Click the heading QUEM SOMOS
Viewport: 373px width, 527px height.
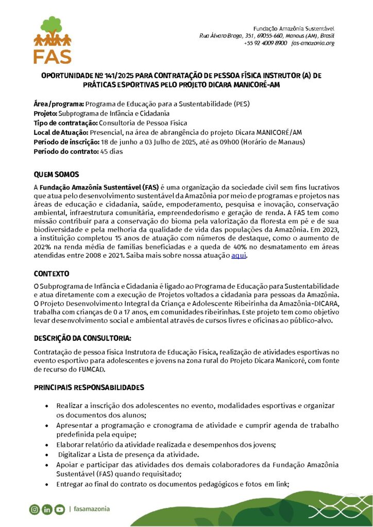click(x=56, y=174)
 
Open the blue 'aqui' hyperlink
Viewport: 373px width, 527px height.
click(x=239, y=256)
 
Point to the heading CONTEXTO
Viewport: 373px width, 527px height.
click(x=52, y=273)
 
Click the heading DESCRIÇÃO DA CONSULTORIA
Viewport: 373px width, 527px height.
click(x=82, y=338)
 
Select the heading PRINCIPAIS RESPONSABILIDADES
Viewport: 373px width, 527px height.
click(x=89, y=387)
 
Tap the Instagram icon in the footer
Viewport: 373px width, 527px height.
click(x=35, y=510)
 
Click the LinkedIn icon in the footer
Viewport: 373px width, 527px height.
click(x=47, y=510)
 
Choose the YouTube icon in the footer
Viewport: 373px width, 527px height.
click(x=60, y=510)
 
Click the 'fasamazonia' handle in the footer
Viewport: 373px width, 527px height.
click(x=92, y=509)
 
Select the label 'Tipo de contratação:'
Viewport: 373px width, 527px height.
click(x=65, y=122)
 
